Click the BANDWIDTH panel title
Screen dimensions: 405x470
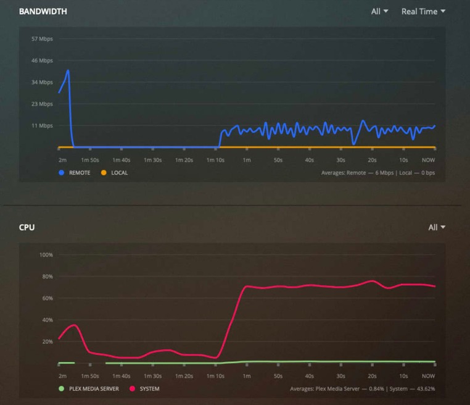pos(43,11)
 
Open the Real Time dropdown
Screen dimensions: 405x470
pos(423,11)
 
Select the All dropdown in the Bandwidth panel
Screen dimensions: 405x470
pos(379,11)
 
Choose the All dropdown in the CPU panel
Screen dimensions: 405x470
pos(436,227)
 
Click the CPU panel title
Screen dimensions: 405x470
pos(27,227)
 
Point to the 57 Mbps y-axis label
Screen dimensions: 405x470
pos(43,39)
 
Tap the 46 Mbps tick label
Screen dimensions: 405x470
pos(43,61)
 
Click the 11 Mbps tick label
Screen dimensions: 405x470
pos(43,126)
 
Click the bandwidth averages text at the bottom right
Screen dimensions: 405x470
pos(377,173)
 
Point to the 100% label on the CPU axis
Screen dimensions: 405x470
pos(46,254)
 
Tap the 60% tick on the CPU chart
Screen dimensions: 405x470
pos(47,298)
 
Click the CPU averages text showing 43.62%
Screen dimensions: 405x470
pos(362,389)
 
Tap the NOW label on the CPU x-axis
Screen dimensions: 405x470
pos(428,376)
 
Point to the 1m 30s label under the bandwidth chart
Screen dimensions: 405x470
pos(153,160)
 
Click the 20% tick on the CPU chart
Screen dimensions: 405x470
pos(47,341)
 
